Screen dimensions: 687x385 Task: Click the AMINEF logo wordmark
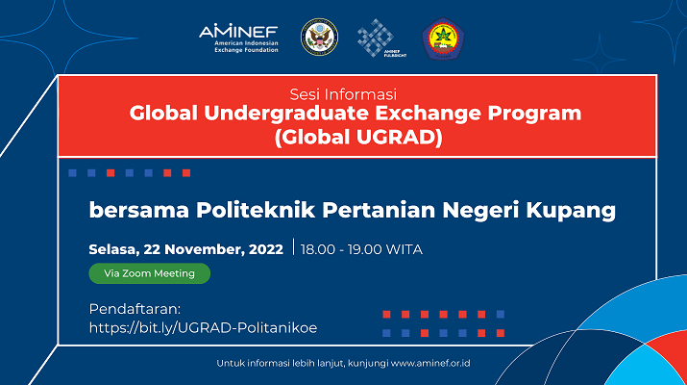coord(238,31)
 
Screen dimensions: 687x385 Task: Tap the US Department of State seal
coord(319,38)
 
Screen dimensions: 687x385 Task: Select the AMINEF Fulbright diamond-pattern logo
coord(381,38)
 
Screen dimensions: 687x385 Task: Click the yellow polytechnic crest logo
coord(443,38)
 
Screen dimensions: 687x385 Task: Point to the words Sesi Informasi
coord(343,94)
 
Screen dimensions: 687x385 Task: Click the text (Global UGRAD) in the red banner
coord(358,137)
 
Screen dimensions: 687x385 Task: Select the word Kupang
coord(571,211)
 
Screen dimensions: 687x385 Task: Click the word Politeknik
coord(256,210)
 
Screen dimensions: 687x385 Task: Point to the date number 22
coord(151,249)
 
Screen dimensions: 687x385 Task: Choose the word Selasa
coord(114,250)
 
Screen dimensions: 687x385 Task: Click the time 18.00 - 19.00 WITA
coord(361,249)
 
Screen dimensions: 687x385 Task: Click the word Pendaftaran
coord(135,309)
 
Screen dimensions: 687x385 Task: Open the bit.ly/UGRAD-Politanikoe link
coord(203,328)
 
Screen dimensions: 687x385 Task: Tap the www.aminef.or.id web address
coord(430,364)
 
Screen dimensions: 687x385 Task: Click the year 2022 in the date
coord(266,249)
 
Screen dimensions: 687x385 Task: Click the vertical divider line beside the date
coord(294,246)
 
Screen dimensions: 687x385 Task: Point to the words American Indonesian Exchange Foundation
coord(246,46)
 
